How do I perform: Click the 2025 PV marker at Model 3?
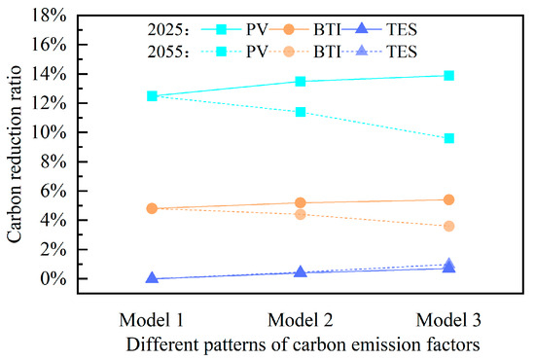[x=448, y=75]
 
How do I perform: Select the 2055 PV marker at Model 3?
[x=448, y=138]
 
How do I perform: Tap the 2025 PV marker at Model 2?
[x=301, y=82]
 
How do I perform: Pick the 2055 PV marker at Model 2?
[x=301, y=112]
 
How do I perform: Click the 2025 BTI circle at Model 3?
[x=448, y=199]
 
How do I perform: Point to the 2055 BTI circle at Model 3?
[x=448, y=226]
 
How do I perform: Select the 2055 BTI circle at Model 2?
[x=301, y=214]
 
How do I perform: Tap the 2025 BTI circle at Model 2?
[x=301, y=202]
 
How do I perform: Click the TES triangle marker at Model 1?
[x=152, y=278]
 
